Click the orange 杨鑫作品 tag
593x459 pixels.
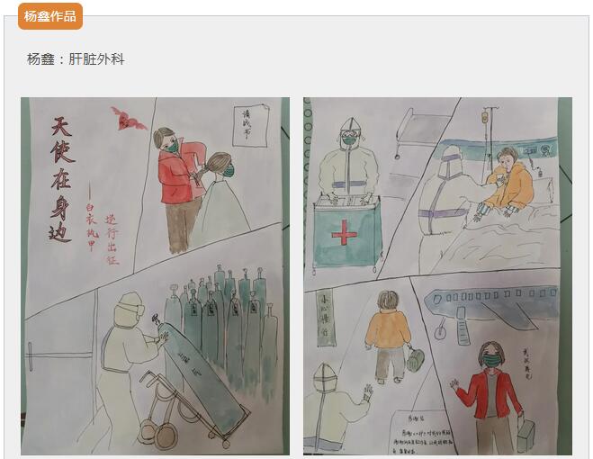coord(49,16)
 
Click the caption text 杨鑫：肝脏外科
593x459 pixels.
coord(76,59)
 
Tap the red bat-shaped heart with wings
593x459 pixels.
coord(129,118)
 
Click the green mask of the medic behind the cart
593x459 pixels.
coord(349,139)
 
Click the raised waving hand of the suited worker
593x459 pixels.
coord(367,394)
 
